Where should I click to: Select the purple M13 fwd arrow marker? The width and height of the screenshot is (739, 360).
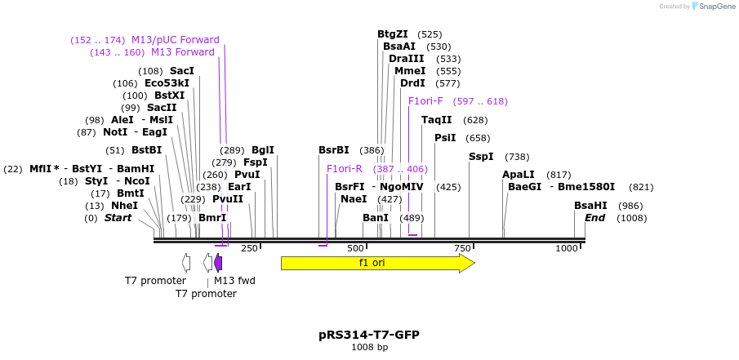(218, 263)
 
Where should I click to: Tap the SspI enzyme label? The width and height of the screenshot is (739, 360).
(481, 157)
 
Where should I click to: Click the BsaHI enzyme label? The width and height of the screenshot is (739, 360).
(590, 206)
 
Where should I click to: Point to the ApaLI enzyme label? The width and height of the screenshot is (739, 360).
(519, 175)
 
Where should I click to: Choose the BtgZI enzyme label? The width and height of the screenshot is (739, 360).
(393, 34)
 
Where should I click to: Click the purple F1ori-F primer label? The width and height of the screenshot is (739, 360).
(425, 101)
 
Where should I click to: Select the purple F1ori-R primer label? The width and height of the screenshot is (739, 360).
(344, 169)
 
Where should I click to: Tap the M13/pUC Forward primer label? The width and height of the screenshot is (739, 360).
(176, 40)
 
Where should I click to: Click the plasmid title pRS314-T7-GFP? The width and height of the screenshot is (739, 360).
(369, 335)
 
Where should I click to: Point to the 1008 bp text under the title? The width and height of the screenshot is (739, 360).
(369, 348)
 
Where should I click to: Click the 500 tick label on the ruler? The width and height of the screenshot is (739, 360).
(355, 248)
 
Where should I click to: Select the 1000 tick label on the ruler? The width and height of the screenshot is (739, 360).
(567, 248)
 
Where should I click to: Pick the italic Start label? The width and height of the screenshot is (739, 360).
(118, 218)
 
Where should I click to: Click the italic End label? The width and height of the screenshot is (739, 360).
(594, 218)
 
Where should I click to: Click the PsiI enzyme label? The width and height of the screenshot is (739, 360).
(445, 138)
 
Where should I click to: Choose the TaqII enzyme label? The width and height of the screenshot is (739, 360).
(436, 120)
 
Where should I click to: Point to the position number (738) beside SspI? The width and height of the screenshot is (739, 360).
(517, 157)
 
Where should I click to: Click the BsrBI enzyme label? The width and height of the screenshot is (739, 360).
(334, 150)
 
